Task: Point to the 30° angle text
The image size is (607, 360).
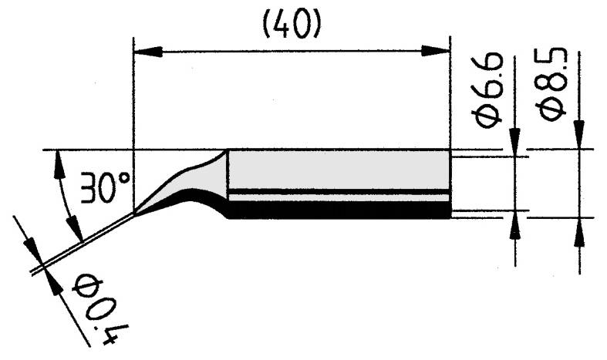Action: [x=107, y=187]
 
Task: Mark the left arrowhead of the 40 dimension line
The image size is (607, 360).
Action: [x=147, y=52]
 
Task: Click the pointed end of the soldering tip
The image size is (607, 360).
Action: [x=137, y=212]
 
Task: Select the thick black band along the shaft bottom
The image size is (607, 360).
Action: [x=339, y=210]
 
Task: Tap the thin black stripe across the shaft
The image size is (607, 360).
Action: [x=339, y=190]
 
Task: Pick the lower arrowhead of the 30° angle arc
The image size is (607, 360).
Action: [x=75, y=229]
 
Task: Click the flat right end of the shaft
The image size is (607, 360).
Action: [x=448, y=185]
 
